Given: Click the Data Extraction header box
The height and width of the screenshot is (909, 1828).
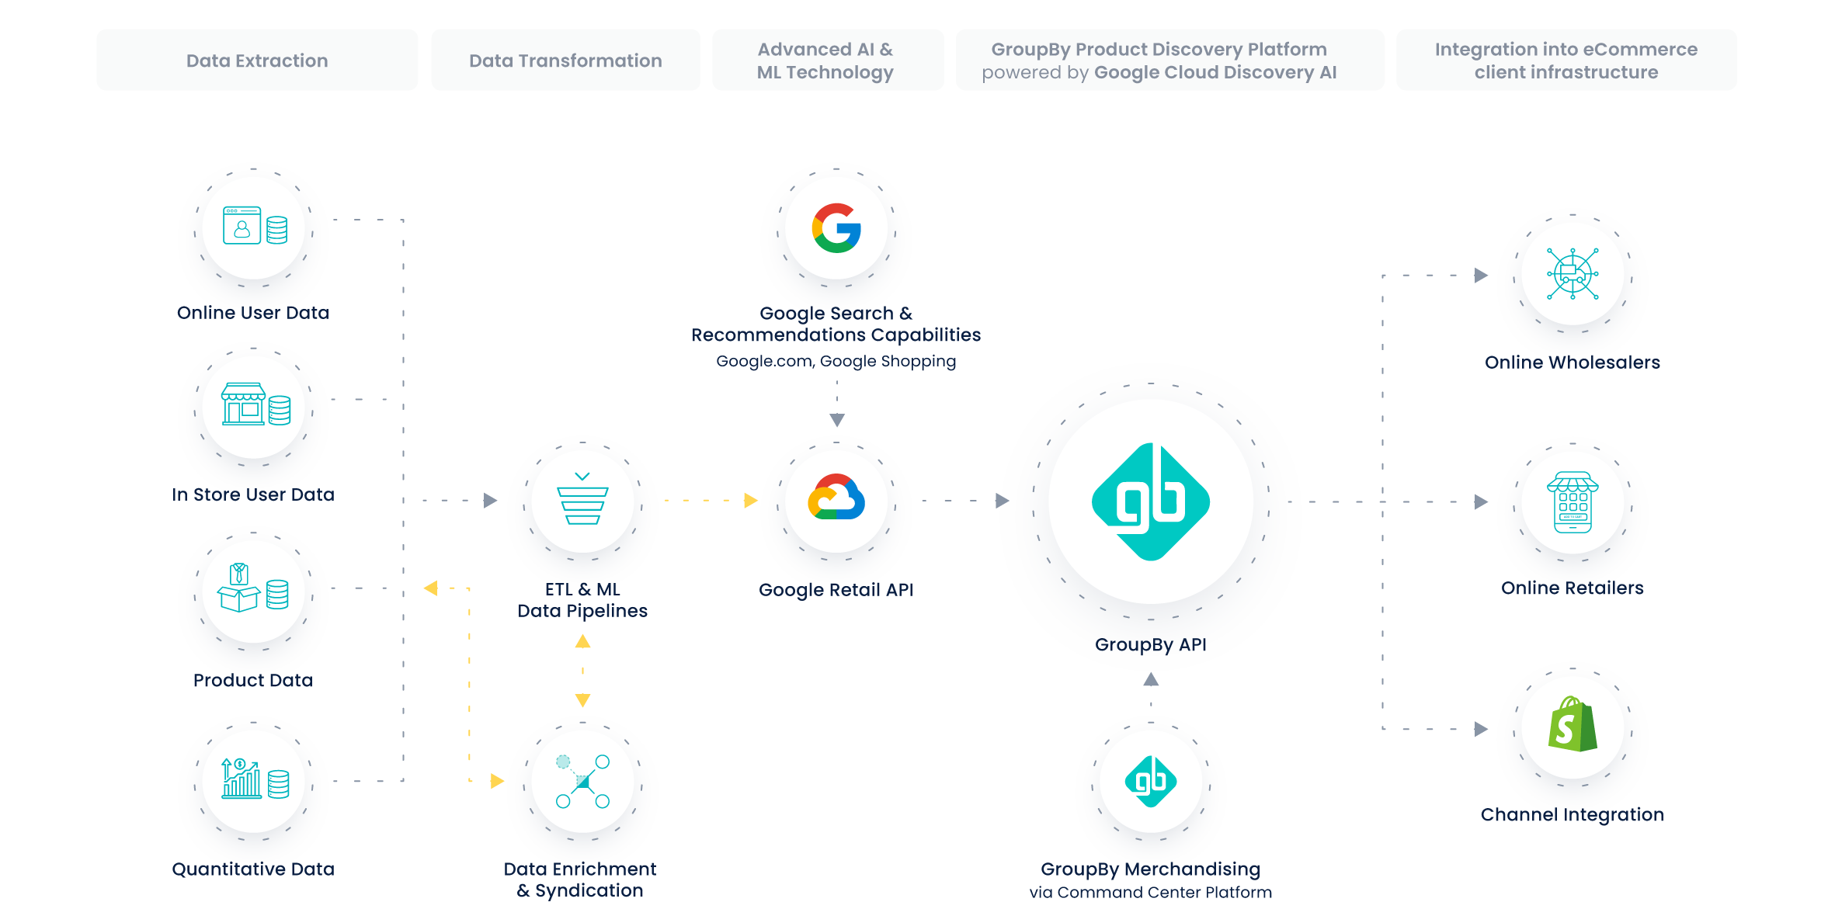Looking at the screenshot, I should tap(257, 61).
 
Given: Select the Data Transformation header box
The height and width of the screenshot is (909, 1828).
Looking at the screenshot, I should tap(565, 61).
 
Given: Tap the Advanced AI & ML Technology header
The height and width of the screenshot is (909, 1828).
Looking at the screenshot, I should tap(827, 61).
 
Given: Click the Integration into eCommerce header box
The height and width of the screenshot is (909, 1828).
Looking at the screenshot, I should tap(1566, 61).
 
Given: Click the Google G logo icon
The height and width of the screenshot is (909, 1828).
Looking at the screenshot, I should tap(836, 228).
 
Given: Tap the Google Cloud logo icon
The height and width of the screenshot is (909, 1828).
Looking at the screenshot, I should tap(836, 499).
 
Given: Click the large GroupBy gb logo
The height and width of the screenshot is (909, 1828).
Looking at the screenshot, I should tap(1150, 501).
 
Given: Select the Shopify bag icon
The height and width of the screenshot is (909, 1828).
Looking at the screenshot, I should tap(1572, 725).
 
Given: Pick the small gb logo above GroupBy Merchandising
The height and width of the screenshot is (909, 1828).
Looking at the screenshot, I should tap(1150, 781).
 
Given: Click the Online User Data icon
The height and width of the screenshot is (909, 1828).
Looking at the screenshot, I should tap(254, 227).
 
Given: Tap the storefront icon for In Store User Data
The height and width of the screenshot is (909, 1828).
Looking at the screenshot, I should tap(254, 405).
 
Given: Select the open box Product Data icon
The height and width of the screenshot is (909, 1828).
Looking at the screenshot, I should tap(254, 590).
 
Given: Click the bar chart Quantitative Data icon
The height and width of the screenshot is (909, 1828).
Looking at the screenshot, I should tap(254, 779).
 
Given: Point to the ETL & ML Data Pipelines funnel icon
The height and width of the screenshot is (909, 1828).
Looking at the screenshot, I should tap(582, 500).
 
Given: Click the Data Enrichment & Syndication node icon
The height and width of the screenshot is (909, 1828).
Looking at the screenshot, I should tap(582, 781).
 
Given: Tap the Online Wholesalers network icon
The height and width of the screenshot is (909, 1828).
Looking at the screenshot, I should tap(1572, 273).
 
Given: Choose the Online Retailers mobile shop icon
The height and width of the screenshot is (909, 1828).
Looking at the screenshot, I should tap(1572, 502).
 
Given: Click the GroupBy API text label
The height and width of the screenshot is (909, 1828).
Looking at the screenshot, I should tap(1150, 645).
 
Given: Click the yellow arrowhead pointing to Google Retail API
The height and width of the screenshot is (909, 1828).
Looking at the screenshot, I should tap(750, 501).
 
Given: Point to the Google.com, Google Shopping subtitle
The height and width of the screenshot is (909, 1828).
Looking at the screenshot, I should tap(836, 362).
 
